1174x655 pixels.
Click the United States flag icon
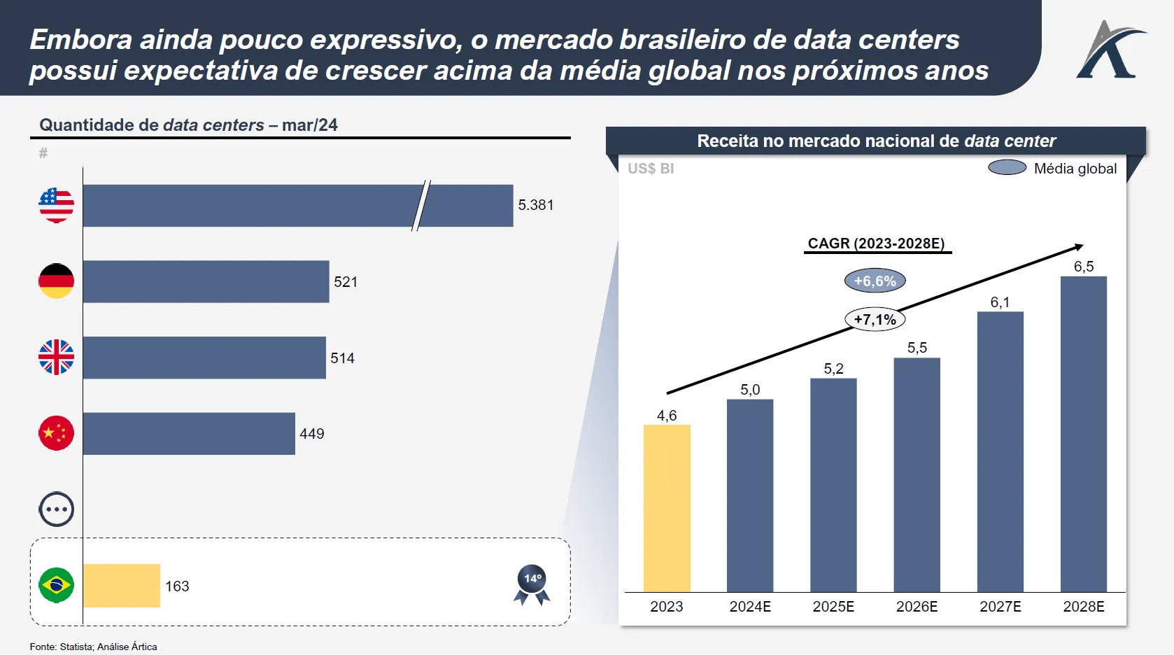[x=56, y=206]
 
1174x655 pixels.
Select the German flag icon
[x=56, y=281]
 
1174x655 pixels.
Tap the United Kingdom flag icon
[x=56, y=358]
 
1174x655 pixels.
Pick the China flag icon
[x=56, y=433]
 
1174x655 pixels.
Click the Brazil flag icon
[x=56, y=585]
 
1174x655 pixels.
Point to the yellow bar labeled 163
[x=122, y=586]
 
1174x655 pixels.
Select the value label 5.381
[x=536, y=205]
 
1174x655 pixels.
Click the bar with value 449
[x=189, y=434]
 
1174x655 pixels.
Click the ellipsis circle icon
[x=56, y=509]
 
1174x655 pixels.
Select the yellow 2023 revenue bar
[x=667, y=508]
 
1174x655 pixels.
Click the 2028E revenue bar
[x=1084, y=434]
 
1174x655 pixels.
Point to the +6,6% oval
[x=875, y=281]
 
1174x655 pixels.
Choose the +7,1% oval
[x=875, y=320]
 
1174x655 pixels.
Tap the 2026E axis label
[x=917, y=607]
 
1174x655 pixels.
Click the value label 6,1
[x=1000, y=302]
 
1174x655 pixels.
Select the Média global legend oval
[x=1007, y=168]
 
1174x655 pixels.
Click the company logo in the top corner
[x=1110, y=49]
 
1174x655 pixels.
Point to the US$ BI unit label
[x=651, y=169]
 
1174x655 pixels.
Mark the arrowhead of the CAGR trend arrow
[x=1080, y=246]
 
